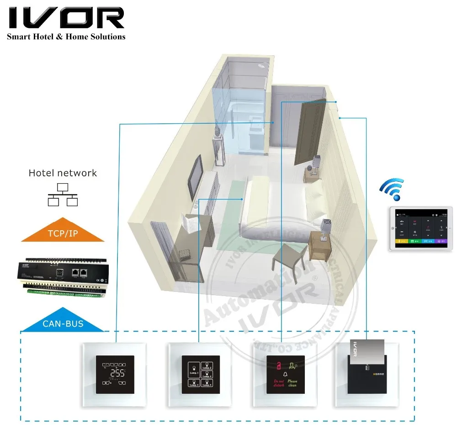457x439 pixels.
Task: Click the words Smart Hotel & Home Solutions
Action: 66,37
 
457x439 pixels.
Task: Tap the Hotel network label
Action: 63,173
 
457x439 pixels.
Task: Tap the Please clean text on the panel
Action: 292,383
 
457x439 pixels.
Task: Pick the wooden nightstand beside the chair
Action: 320,244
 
